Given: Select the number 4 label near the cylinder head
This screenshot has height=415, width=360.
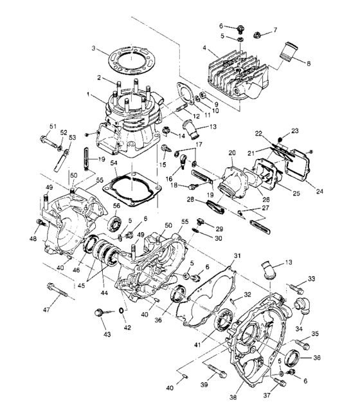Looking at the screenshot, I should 204,48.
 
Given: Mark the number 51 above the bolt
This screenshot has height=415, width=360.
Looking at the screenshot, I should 53,125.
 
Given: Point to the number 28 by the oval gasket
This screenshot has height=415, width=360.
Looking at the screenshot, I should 190,199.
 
